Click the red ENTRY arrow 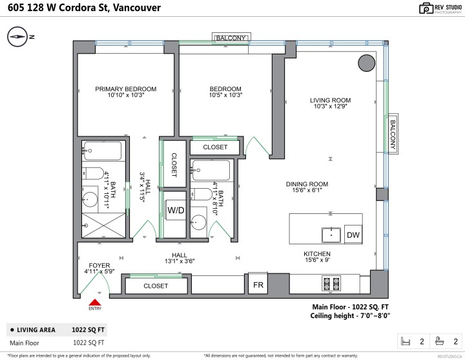click(x=95, y=302)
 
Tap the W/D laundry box click(x=176, y=210)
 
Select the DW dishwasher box click(x=353, y=235)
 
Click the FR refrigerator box click(x=257, y=284)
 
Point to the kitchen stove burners click(x=331, y=282)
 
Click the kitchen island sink click(x=332, y=234)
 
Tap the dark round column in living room click(x=366, y=63)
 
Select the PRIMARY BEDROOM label click(x=126, y=89)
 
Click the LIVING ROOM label click(x=330, y=100)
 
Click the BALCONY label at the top click(x=231, y=38)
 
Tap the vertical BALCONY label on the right click(x=392, y=134)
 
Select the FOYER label click(x=99, y=266)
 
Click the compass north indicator click(x=19, y=37)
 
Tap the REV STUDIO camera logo click(x=409, y=8)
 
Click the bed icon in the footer click(x=406, y=341)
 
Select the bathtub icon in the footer click(x=440, y=341)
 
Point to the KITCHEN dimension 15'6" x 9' click(x=317, y=260)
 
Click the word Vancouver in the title click(x=133, y=8)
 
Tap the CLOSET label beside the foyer click(x=156, y=285)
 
